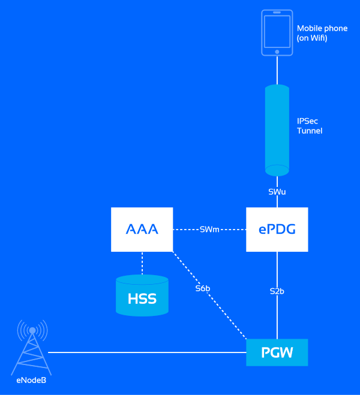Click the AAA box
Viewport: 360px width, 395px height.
[x=142, y=230]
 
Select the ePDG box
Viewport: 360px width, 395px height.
[x=277, y=230]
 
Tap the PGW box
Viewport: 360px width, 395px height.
[x=277, y=352]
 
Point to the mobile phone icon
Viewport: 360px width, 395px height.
[x=277, y=32]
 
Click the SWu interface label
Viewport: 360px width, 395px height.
[x=277, y=192]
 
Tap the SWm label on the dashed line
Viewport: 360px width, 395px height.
[x=210, y=230]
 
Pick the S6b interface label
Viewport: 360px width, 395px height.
[x=203, y=288]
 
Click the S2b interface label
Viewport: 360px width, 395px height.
[x=277, y=291]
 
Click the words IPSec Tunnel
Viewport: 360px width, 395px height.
[x=310, y=125]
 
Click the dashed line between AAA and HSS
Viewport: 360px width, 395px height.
[x=142, y=263]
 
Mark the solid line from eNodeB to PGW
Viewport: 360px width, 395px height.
[x=144, y=352]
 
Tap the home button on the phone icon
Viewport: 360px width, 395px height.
[x=277, y=52]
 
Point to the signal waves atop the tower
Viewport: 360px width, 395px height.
[x=32, y=328]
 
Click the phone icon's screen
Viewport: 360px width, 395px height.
[x=277, y=31]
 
